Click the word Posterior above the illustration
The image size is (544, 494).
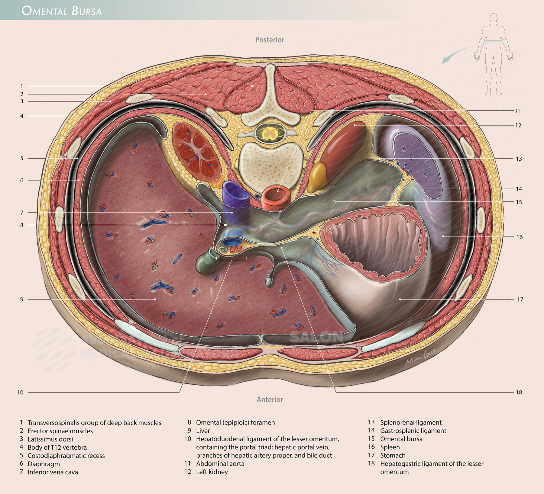(x=270, y=40)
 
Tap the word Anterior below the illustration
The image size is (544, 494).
(x=270, y=399)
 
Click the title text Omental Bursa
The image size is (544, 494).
(x=62, y=11)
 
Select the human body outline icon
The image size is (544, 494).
(x=493, y=54)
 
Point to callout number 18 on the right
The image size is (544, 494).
(x=519, y=393)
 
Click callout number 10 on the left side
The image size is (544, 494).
(x=20, y=393)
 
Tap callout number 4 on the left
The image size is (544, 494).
(x=22, y=116)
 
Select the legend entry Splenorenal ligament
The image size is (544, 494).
(x=410, y=422)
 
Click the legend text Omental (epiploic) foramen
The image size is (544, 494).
(x=235, y=422)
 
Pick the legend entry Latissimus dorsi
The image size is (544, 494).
(x=50, y=439)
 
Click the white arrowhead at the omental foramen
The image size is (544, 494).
(x=226, y=225)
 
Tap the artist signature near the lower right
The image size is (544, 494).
(x=421, y=358)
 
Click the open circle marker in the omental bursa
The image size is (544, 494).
(x=334, y=201)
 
